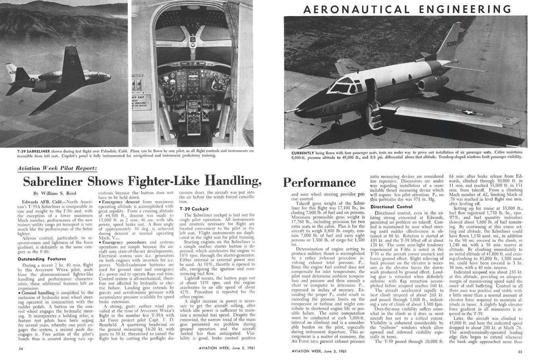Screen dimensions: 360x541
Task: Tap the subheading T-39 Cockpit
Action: (194, 209)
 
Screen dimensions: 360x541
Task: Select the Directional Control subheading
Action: (391, 207)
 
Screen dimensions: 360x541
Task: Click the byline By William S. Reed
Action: (54, 194)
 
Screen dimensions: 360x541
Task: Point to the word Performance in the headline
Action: (319, 183)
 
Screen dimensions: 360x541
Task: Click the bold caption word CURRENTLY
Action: (303, 153)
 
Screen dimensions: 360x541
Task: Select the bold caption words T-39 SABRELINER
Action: (33, 152)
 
